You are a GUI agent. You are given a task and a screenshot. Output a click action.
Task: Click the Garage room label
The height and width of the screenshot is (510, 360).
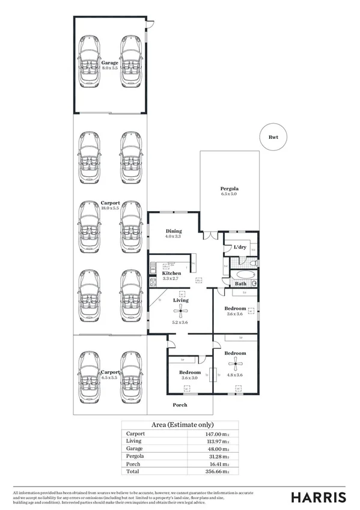coord(109,63)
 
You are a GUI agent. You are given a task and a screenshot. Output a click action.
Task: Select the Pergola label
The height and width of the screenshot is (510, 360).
coord(229,188)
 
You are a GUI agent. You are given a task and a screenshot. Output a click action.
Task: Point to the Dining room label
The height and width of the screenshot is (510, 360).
coord(173,231)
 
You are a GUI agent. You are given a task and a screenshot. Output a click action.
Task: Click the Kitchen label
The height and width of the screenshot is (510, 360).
coord(171,273)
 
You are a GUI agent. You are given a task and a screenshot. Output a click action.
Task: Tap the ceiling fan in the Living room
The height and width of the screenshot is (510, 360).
coord(180,311)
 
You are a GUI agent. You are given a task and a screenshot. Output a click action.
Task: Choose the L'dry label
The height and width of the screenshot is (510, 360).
coord(240,247)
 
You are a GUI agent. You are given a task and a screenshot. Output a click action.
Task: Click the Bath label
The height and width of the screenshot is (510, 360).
coord(240,283)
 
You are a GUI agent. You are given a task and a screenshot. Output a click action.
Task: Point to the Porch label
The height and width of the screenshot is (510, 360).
coord(180,405)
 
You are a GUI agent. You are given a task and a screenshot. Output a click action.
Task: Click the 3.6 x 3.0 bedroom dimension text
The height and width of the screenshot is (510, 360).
coord(189,378)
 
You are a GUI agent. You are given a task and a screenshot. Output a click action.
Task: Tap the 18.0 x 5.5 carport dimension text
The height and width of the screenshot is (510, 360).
coord(109,208)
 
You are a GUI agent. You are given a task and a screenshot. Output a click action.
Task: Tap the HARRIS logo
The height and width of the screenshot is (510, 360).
coord(319,496)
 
